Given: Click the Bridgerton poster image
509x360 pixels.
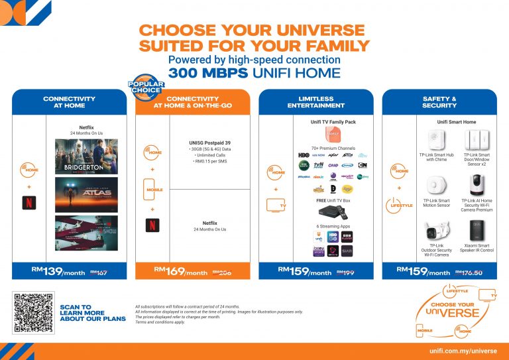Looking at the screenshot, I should click(x=86, y=156).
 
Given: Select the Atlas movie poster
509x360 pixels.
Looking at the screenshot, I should click(x=86, y=194).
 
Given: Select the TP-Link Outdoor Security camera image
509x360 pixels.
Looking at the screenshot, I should click(x=435, y=233).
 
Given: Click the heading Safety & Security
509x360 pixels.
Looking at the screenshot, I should click(x=439, y=102).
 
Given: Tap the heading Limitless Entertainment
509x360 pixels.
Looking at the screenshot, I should click(x=315, y=102).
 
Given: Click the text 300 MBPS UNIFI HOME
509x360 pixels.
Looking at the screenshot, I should click(x=254, y=72).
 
